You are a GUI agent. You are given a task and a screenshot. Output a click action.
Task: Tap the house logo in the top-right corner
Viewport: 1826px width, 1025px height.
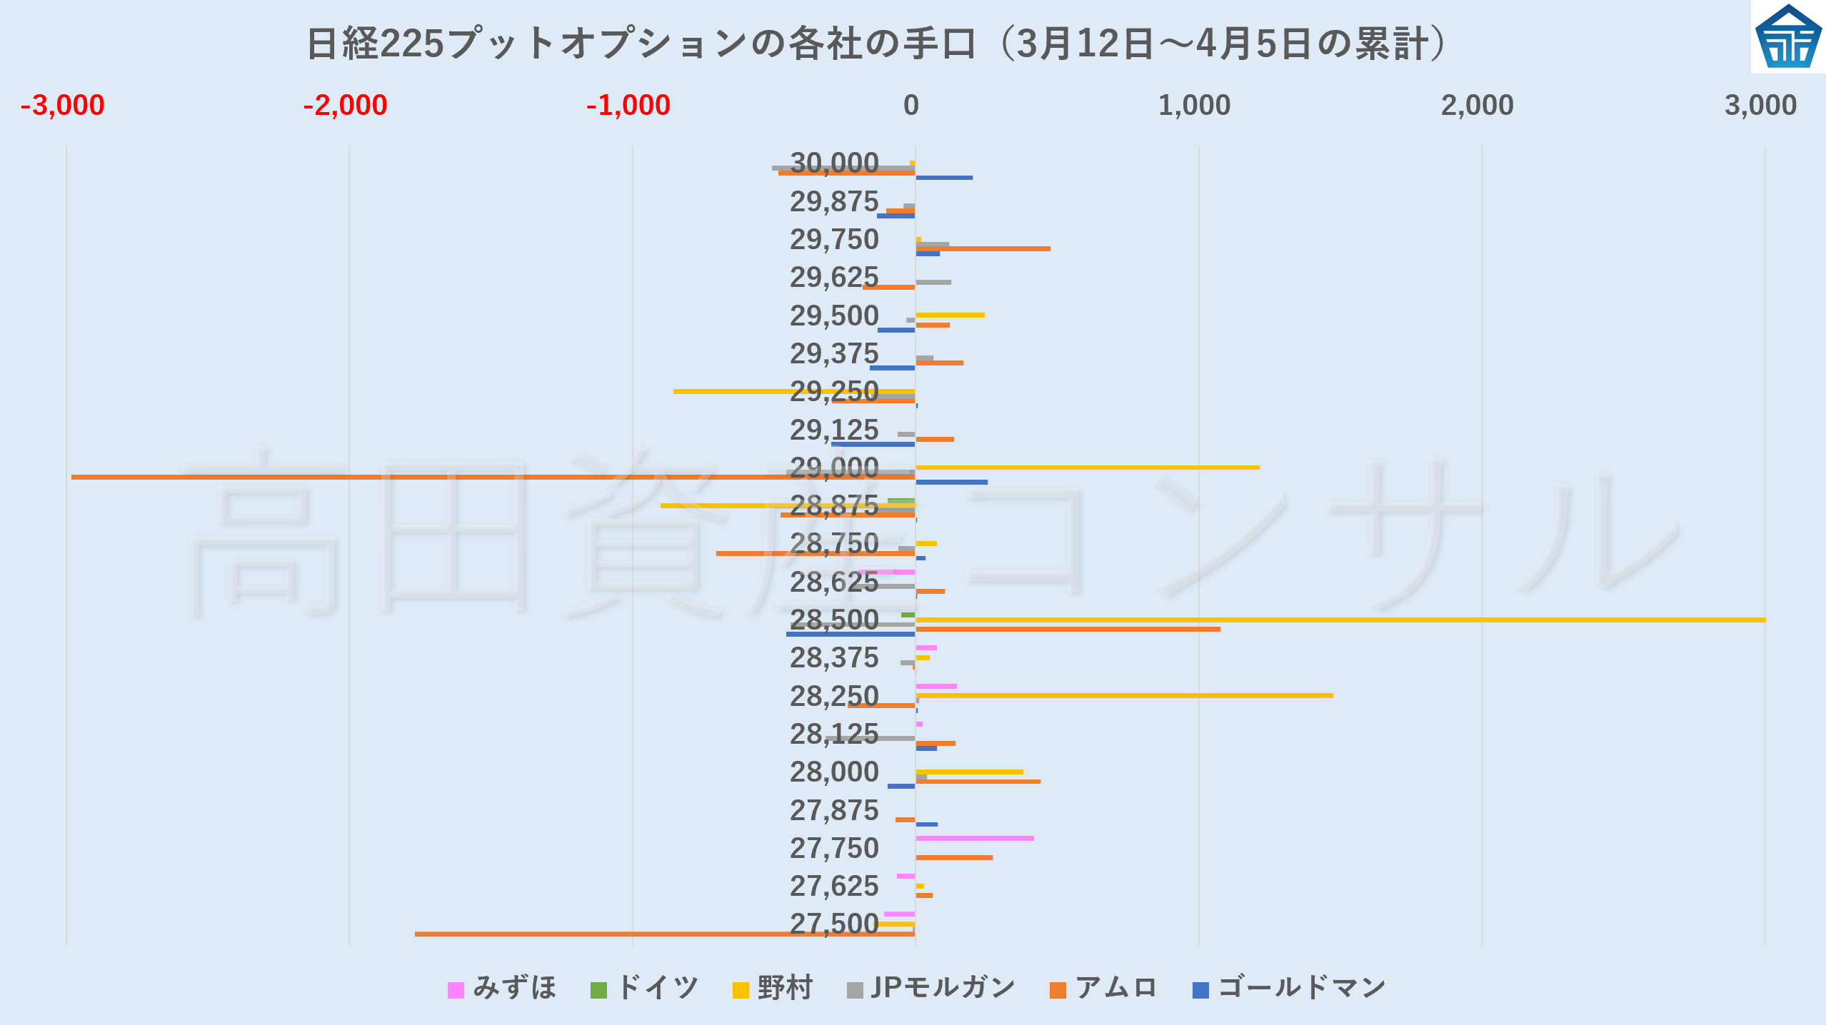pyautogui.click(x=1787, y=37)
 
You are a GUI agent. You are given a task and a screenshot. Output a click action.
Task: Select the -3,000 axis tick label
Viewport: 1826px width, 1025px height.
pyautogui.click(x=63, y=106)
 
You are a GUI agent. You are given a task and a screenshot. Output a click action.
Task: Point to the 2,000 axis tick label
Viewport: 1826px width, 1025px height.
pyautogui.click(x=1477, y=106)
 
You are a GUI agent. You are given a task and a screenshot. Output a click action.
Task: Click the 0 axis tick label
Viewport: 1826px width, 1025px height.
pyautogui.click(x=911, y=106)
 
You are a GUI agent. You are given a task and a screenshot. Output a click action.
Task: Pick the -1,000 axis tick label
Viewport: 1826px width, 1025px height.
pyautogui.click(x=628, y=106)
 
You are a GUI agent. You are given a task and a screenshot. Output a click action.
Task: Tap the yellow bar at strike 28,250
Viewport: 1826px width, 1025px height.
pyautogui.click(x=1124, y=695)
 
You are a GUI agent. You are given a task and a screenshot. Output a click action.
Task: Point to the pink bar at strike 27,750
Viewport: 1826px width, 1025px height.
pyautogui.click(x=975, y=838)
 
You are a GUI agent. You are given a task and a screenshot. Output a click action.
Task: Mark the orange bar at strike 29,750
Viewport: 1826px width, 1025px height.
pyautogui.click(x=983, y=248)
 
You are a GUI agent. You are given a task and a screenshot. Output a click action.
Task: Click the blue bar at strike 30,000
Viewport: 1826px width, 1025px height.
pyautogui.click(x=944, y=178)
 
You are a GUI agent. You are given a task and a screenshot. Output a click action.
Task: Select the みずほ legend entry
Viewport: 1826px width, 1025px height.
pyautogui.click(x=501, y=989)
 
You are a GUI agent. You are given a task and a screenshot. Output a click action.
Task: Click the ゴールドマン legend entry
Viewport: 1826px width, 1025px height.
pyautogui.click(x=1289, y=989)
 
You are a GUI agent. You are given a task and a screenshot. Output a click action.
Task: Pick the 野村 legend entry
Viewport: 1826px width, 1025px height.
pyautogui.click(x=773, y=989)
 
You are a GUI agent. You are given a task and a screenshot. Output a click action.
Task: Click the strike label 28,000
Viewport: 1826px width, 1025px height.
pyautogui.click(x=834, y=772)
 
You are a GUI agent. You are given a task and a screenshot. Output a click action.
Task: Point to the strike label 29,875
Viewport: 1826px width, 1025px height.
pyautogui.click(x=834, y=202)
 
